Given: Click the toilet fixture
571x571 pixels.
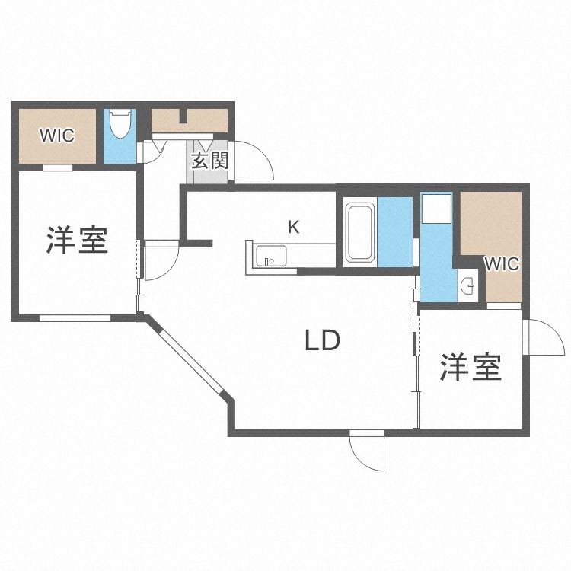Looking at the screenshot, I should [x=120, y=124].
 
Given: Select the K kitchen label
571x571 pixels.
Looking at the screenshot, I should [x=293, y=226].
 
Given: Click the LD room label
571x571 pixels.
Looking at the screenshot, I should [x=322, y=340].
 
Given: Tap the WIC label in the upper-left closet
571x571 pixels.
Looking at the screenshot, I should [x=57, y=136].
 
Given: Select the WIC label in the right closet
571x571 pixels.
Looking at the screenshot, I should [x=502, y=265].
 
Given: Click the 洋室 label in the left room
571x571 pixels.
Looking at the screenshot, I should [x=76, y=240].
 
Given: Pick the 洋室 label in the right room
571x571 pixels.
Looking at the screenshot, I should [x=471, y=368].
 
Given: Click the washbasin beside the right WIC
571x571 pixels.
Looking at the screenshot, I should [x=469, y=287].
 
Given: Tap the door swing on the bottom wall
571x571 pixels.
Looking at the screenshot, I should [x=368, y=450].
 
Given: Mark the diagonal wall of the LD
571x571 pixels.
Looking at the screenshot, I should [x=187, y=355].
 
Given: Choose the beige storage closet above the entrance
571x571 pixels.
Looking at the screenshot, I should [x=189, y=120].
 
